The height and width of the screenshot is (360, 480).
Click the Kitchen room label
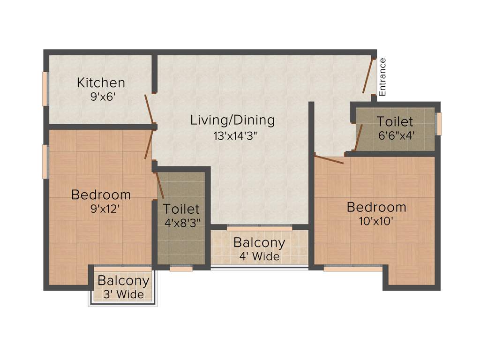[101, 83]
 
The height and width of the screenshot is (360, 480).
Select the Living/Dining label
[232, 120]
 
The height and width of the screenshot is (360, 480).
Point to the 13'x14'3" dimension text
[233, 136]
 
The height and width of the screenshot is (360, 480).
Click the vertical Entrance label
[382, 77]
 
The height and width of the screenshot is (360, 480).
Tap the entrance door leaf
[367, 76]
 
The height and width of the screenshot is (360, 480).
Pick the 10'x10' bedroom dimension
[376, 221]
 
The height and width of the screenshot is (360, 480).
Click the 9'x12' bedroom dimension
[101, 209]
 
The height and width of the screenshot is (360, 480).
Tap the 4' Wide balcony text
[259, 256]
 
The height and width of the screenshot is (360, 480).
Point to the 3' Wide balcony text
[123, 295]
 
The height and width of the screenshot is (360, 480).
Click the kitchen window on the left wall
[45, 89]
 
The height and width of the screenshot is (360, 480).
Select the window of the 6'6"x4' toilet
[439, 124]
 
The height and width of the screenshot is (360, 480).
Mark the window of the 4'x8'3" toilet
[181, 269]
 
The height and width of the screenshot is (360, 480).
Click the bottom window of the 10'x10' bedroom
[352, 269]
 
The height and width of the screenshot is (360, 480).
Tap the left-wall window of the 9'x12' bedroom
[45, 162]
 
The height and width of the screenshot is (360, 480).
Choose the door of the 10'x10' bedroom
[329, 159]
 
